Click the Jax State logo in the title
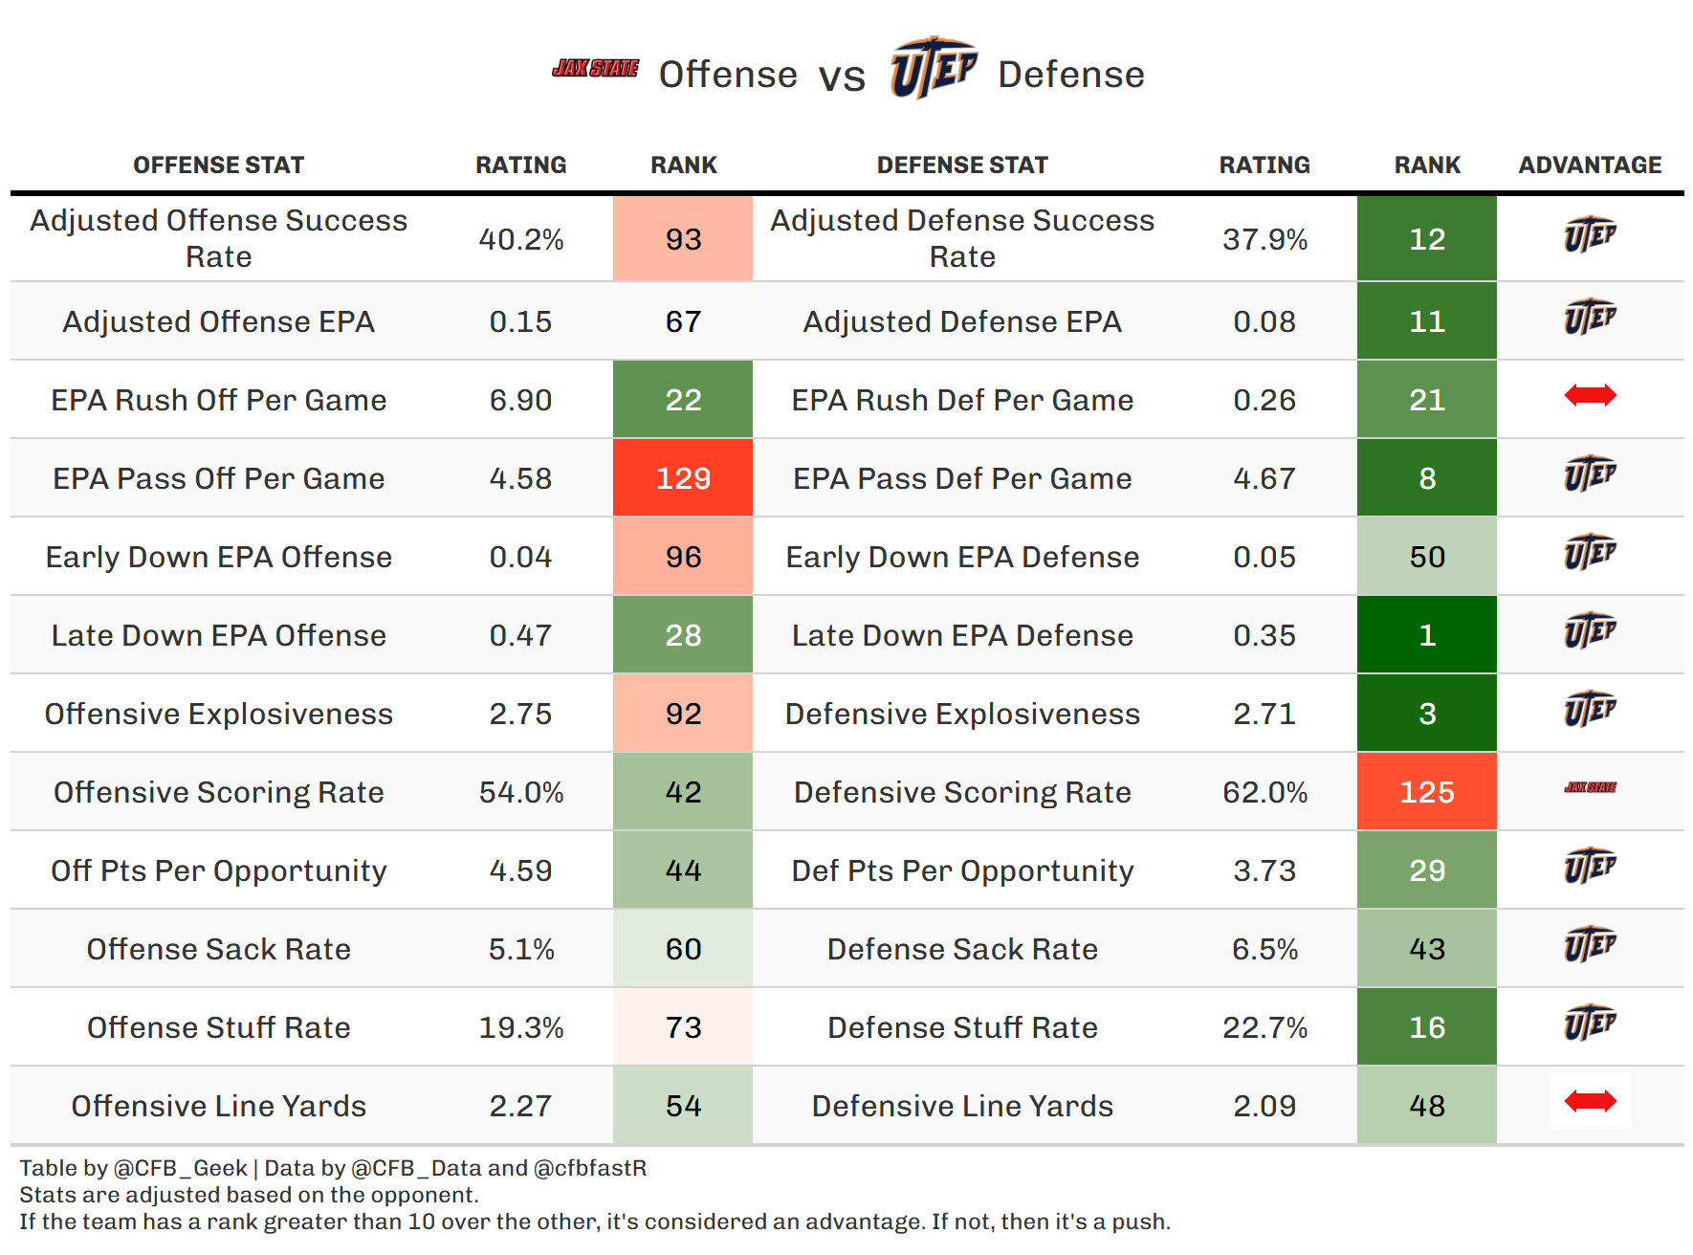[x=595, y=69]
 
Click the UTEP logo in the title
[x=933, y=67]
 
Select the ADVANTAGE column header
[x=1590, y=165]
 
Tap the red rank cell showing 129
[x=683, y=478]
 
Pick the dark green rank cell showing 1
[x=1426, y=635]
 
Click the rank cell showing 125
[x=1426, y=792]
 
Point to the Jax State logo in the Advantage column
[x=1590, y=788]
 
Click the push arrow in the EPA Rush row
[x=1590, y=395]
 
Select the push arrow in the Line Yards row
[x=1590, y=1102]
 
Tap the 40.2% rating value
[x=520, y=239]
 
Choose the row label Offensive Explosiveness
[x=218, y=715]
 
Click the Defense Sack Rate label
[x=962, y=950]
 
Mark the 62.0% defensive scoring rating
[x=1264, y=793]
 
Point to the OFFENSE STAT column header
[x=218, y=165]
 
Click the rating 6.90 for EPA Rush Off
[x=520, y=401]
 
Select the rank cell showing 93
[x=683, y=239]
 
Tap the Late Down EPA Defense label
[x=962, y=636]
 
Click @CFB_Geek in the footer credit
[x=180, y=1168]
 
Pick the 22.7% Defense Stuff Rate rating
[x=1264, y=1028]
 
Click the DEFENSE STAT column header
[x=962, y=165]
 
